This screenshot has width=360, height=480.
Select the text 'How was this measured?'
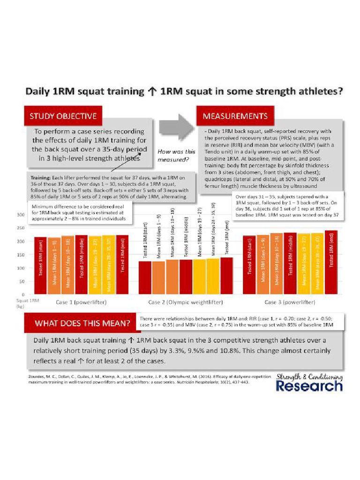176,156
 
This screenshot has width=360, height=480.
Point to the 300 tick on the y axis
21,215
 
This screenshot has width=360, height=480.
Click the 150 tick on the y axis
21,255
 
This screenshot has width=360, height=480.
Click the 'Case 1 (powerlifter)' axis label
81,302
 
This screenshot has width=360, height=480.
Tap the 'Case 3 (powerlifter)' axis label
290,302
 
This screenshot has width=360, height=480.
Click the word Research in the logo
309,386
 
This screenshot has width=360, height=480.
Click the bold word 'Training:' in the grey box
43,178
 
